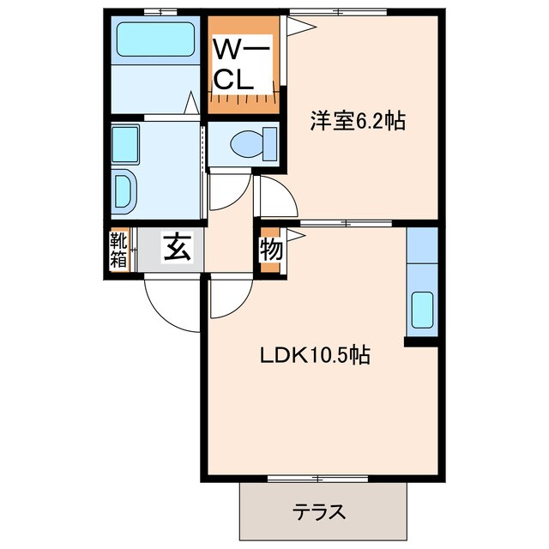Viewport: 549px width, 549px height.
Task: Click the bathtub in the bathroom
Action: point(155,39)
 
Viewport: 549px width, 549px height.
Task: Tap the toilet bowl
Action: point(247,144)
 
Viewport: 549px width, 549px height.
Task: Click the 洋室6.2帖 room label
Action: point(357,120)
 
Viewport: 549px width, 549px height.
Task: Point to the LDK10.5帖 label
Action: point(315,355)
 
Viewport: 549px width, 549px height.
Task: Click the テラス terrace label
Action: point(319,512)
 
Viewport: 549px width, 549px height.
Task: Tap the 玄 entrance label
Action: point(178,247)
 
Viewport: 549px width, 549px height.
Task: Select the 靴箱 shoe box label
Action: point(118,250)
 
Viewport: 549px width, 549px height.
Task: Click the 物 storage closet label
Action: point(271,250)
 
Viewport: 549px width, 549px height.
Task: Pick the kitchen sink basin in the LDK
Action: point(422,311)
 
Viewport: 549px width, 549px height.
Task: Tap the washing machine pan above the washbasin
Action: point(125,145)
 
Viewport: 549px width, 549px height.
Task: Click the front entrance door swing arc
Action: point(165,312)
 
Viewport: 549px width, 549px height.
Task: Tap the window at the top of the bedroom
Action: point(338,12)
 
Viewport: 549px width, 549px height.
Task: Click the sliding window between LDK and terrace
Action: point(317,479)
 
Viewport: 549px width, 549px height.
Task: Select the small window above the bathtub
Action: point(160,12)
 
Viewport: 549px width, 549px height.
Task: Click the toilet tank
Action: point(270,144)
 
